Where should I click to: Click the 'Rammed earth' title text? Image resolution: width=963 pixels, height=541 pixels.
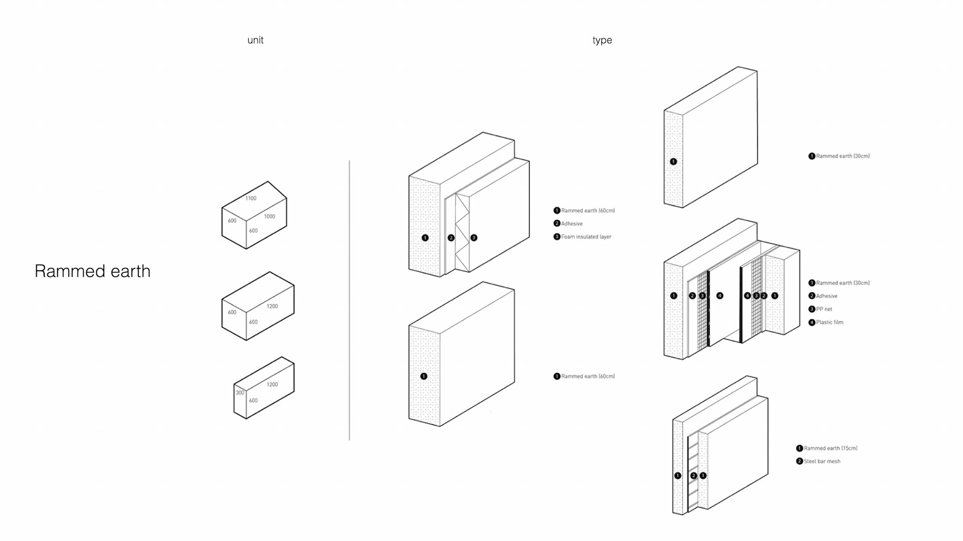click(x=92, y=271)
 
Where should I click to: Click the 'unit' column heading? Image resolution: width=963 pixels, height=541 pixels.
click(x=255, y=40)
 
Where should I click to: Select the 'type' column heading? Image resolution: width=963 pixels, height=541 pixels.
click(x=602, y=40)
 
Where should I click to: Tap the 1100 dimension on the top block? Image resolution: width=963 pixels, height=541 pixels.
click(x=251, y=198)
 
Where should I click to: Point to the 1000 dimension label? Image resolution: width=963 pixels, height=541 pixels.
click(x=269, y=217)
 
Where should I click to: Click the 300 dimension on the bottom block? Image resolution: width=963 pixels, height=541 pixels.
click(x=240, y=393)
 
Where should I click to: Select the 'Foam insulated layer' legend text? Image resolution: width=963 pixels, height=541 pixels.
click(x=586, y=237)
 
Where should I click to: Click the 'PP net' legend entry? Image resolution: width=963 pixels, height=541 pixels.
click(x=824, y=309)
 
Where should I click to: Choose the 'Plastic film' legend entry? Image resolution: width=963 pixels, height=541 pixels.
click(x=830, y=322)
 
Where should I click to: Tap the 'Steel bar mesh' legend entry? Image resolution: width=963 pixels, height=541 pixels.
click(x=822, y=461)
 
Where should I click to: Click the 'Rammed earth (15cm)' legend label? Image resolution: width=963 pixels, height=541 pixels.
click(x=831, y=448)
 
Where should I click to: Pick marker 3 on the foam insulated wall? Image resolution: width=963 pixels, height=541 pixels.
click(x=473, y=238)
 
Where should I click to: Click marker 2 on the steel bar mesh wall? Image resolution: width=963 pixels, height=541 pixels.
click(x=693, y=475)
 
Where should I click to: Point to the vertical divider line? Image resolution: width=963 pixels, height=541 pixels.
click(x=350, y=300)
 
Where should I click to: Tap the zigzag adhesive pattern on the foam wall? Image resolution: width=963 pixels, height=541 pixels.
click(x=462, y=233)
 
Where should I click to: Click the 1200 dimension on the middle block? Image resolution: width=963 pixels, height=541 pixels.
click(x=272, y=306)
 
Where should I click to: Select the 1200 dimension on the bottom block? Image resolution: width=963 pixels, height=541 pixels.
click(x=272, y=385)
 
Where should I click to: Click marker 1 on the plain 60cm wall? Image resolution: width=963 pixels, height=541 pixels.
click(x=424, y=376)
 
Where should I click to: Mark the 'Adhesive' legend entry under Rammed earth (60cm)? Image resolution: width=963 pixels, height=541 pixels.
click(x=572, y=224)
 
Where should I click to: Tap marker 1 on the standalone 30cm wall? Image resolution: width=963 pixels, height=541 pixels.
click(x=673, y=161)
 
